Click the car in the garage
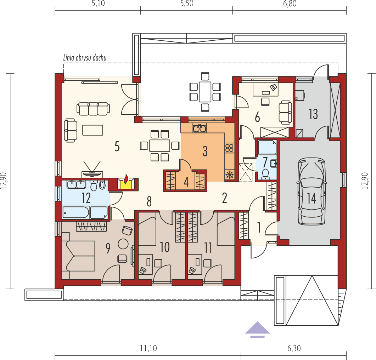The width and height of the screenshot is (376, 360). click(x=312, y=191)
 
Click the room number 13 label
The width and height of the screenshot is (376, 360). click(x=313, y=114)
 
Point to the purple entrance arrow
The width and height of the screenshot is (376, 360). click(x=257, y=329)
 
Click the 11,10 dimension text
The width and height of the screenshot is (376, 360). click(x=148, y=348)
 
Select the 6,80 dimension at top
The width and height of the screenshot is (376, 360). click(x=290, y=4)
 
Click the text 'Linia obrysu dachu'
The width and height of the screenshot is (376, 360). click(x=85, y=58)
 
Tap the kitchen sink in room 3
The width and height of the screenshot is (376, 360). click(x=200, y=128)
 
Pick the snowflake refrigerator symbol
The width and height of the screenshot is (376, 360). click(x=230, y=174)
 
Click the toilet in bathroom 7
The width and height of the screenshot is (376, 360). click(x=264, y=173)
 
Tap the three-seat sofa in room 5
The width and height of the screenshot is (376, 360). click(x=93, y=109)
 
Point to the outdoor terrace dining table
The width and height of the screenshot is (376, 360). click(x=205, y=91)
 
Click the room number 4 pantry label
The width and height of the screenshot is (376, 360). click(x=186, y=182)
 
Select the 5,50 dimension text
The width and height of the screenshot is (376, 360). click(x=186, y=4)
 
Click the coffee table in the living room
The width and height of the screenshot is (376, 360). click(x=93, y=130)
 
